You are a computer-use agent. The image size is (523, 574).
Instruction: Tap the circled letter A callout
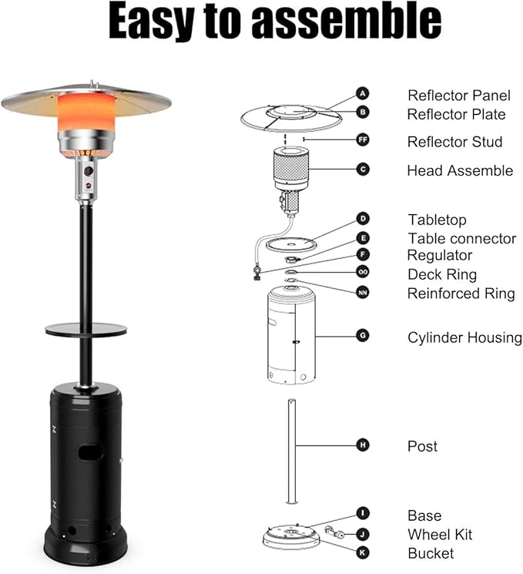click(x=363, y=94)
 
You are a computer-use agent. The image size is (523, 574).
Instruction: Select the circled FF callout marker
click(x=363, y=139)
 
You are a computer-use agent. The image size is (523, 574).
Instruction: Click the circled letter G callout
click(x=363, y=336)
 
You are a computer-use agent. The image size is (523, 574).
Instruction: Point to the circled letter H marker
click(x=363, y=445)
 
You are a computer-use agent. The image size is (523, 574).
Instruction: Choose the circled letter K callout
click(x=363, y=552)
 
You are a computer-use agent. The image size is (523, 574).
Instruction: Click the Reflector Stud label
click(x=455, y=142)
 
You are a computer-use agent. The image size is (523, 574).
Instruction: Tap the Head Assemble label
click(x=460, y=170)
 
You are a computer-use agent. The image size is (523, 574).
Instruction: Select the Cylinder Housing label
click(x=464, y=338)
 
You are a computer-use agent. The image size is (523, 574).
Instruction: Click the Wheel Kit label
click(x=440, y=535)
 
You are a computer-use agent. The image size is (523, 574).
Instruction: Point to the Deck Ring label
click(x=442, y=274)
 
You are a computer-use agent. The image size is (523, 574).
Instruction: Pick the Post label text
click(x=422, y=446)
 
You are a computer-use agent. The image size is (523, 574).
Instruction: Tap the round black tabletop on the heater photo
click(x=86, y=329)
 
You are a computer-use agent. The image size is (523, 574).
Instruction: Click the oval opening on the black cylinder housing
click(x=90, y=453)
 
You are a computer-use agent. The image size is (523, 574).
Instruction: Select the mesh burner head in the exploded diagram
click(x=291, y=168)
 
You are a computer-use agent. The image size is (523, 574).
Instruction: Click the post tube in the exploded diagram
click(x=292, y=451)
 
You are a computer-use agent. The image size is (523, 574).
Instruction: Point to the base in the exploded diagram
click(x=291, y=538)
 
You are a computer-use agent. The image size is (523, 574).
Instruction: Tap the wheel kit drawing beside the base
click(x=334, y=532)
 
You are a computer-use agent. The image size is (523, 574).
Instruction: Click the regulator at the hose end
click(x=256, y=274)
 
